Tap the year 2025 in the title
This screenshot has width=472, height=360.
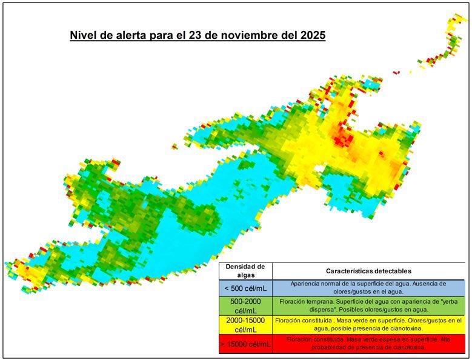pyautogui.click(x=311, y=35)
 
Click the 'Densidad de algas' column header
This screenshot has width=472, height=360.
pyautogui.click(x=245, y=270)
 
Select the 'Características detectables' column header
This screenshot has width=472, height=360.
pyautogui.click(x=368, y=271)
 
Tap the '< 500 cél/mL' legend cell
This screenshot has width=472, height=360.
pyautogui.click(x=245, y=288)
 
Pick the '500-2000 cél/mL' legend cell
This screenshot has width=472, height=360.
pyautogui.click(x=245, y=306)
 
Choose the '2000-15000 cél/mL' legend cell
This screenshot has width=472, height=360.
pyautogui.click(x=245, y=324)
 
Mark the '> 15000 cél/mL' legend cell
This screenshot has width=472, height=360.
pyautogui.click(x=245, y=344)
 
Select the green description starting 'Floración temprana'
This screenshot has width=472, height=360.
pyautogui.click(x=368, y=305)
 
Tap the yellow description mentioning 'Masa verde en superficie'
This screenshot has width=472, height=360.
pyautogui.click(x=368, y=324)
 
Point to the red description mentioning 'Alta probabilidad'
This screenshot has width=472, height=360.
pyautogui.click(x=368, y=344)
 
